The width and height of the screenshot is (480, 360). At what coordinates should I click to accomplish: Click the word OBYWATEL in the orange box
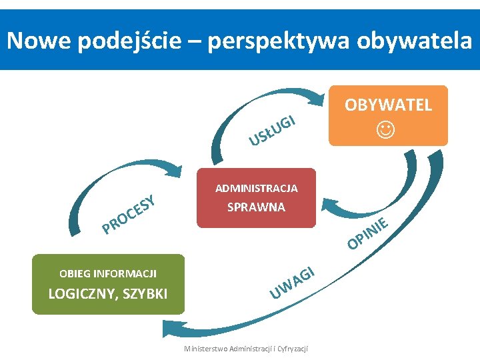pyautogui.click(x=388, y=105)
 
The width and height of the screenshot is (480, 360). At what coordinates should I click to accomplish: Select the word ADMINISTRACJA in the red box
pyautogui.click(x=256, y=189)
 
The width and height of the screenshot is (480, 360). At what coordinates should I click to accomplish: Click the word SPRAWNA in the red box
pyautogui.click(x=256, y=207)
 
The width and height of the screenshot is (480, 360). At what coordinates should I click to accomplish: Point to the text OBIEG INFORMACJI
pyautogui.click(x=108, y=273)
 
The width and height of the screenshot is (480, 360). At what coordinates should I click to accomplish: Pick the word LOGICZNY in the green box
pyautogui.click(x=79, y=294)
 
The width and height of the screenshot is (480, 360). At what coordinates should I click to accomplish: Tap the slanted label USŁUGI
pyautogui.click(x=272, y=130)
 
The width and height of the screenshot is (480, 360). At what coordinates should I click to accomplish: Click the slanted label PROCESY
pyautogui.click(x=129, y=215)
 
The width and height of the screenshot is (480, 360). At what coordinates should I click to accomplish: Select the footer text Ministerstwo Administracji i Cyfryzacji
pyautogui.click(x=250, y=349)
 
